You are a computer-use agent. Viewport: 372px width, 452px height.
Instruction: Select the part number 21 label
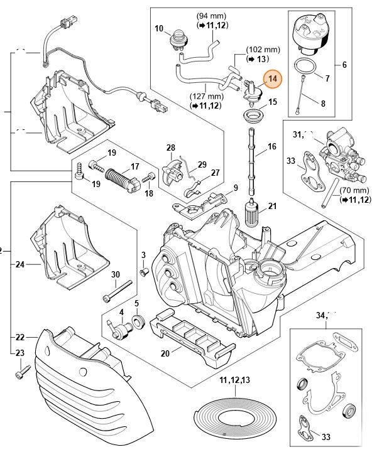pyautogui.click(x=272, y=207)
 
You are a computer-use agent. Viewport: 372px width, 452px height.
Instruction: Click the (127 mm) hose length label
pyautogui.click(x=205, y=97)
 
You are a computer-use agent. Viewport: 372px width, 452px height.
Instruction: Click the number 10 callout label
pyautogui.click(x=158, y=29)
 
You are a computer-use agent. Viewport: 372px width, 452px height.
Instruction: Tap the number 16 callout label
pyautogui.click(x=272, y=147)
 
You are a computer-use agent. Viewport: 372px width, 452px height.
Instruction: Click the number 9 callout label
pyautogui.click(x=235, y=188)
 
